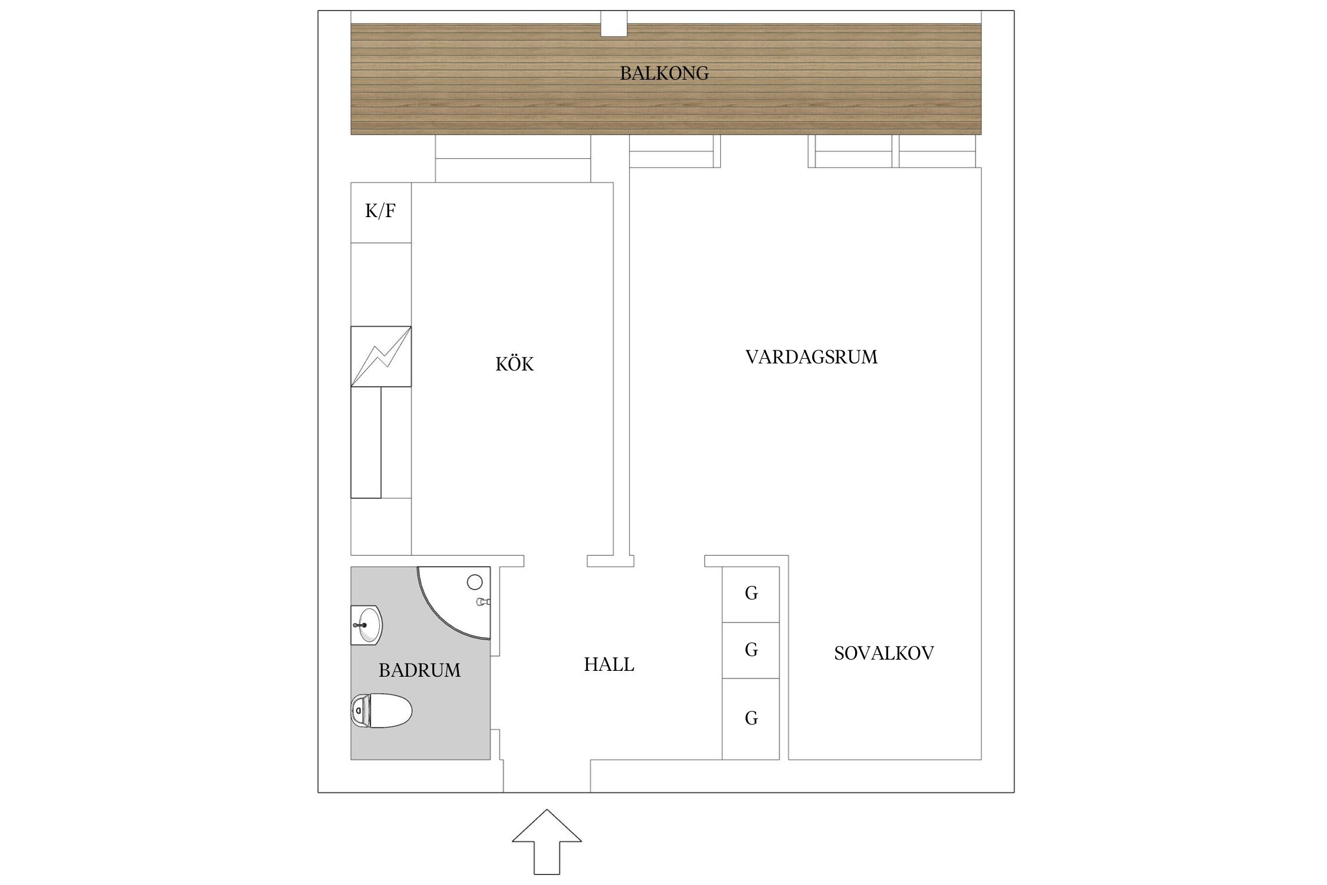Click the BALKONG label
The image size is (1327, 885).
pos(664,73)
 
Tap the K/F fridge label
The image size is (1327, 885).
pos(380,211)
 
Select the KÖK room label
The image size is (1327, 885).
pos(514,363)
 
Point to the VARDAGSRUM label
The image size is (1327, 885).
pos(812,357)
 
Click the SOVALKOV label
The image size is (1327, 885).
pos(884,653)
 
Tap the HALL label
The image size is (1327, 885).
pos(609,665)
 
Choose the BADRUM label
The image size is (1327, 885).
pos(419,670)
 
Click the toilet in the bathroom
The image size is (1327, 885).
pos(381,710)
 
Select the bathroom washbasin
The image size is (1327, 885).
pos(367,625)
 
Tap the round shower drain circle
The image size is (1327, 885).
pos(475,582)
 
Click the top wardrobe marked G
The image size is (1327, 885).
pos(751,594)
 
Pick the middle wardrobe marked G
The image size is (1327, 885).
pos(751,650)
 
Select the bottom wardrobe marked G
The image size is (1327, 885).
pos(751,719)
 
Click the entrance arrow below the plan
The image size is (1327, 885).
pos(547,841)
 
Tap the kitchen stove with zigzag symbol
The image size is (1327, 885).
pos(381,356)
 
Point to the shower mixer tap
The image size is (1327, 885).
pos(484,602)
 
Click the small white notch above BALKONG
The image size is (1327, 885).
pos(614,24)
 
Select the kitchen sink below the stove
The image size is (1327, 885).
pos(366,442)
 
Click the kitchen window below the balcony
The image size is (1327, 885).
pos(513,159)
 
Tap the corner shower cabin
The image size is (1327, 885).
pos(455,602)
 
